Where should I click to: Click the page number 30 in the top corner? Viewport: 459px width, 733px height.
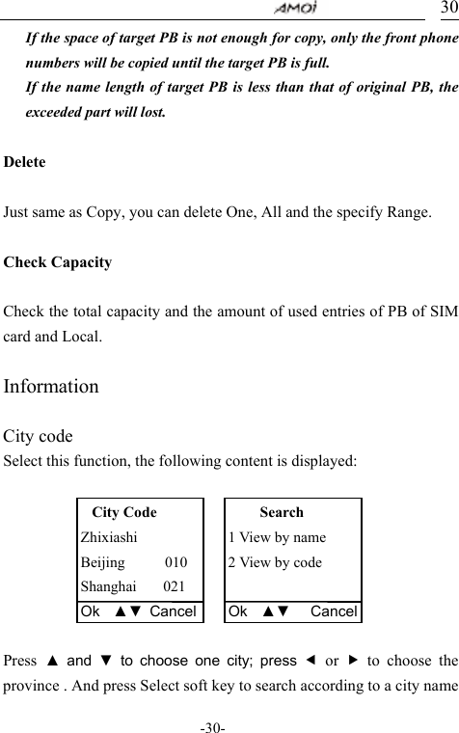pos(448,8)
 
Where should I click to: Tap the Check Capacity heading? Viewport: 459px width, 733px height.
pos(58,262)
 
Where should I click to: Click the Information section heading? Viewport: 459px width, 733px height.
pos(51,387)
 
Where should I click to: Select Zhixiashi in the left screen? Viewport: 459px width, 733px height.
pos(109,537)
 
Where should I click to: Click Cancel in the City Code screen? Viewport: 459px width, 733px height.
pos(174,611)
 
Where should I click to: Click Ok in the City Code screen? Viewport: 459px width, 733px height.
pos(91,611)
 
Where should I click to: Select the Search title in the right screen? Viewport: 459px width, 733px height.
pos(282,512)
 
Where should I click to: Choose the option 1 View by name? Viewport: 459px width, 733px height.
pos(277,537)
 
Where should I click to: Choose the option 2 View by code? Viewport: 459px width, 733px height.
pos(275,562)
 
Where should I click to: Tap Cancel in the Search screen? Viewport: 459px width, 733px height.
pos(334,611)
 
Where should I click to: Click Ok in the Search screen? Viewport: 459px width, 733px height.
pos(238,611)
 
